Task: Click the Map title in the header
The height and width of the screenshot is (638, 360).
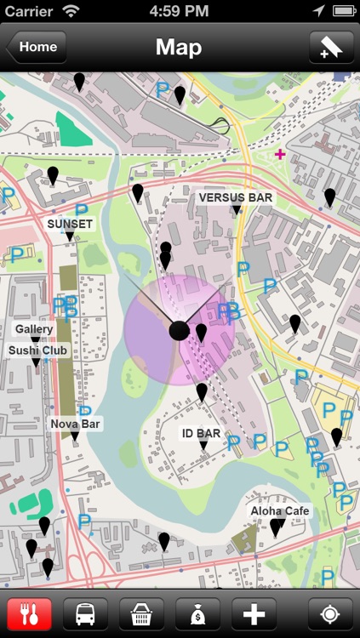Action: pyautogui.click(x=179, y=48)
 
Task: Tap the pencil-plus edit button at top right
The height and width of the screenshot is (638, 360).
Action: pyautogui.click(x=331, y=48)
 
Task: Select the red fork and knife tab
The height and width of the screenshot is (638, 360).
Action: pyautogui.click(x=30, y=613)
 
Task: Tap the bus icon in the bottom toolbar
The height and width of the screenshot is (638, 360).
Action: pyautogui.click(x=85, y=613)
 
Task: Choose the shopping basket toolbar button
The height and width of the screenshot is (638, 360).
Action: pyautogui.click(x=141, y=613)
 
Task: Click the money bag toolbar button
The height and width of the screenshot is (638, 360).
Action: pyautogui.click(x=197, y=613)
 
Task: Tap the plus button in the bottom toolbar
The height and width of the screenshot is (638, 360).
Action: pyautogui.click(x=254, y=613)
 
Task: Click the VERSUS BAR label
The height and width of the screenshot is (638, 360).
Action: pyautogui.click(x=235, y=197)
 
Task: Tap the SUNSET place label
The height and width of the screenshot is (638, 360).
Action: pyautogui.click(x=70, y=224)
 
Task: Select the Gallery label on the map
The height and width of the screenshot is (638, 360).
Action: pyautogui.click(x=34, y=329)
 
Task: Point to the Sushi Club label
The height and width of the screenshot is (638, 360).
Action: pyautogui.click(x=38, y=350)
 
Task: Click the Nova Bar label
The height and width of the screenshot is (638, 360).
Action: pyautogui.click(x=75, y=424)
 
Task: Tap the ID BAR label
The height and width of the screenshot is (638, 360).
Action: pyautogui.click(x=202, y=434)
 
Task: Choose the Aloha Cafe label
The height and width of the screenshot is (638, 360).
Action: pyautogui.click(x=280, y=511)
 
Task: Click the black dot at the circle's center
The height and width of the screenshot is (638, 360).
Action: pyautogui.click(x=179, y=331)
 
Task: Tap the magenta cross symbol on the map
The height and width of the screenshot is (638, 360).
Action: pyautogui.click(x=280, y=154)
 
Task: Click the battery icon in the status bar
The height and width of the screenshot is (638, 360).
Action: pyautogui.click(x=344, y=11)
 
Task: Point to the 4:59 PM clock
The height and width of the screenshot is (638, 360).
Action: pyautogui.click(x=179, y=11)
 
